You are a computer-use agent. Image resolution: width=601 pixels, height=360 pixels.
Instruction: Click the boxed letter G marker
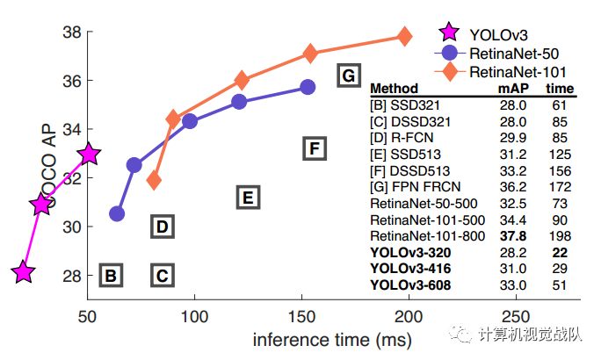click(349, 76)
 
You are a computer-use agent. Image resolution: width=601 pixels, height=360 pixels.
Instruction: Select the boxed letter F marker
click(315, 148)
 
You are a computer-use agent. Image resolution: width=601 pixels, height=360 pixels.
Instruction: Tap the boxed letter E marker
click(249, 198)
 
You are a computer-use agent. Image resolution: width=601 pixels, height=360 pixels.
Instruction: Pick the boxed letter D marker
click(162, 227)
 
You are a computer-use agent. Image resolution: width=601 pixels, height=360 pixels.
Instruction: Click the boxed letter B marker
click(111, 277)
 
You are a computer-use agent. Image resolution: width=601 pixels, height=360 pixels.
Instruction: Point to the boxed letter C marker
click(162, 277)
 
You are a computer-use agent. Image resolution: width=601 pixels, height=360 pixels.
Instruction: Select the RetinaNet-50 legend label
click(515, 53)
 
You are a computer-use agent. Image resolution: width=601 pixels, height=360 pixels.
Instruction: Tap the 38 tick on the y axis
click(71, 32)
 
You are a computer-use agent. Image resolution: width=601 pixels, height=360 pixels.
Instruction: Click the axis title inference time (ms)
click(321, 339)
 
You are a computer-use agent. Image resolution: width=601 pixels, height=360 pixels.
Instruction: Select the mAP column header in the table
click(515, 89)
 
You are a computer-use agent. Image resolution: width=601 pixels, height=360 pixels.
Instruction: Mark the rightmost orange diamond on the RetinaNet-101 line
click(404, 36)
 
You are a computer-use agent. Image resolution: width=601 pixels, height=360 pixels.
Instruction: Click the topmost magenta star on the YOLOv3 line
click(89, 155)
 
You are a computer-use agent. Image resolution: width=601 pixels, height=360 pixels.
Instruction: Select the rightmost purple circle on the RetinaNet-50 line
click(308, 87)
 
